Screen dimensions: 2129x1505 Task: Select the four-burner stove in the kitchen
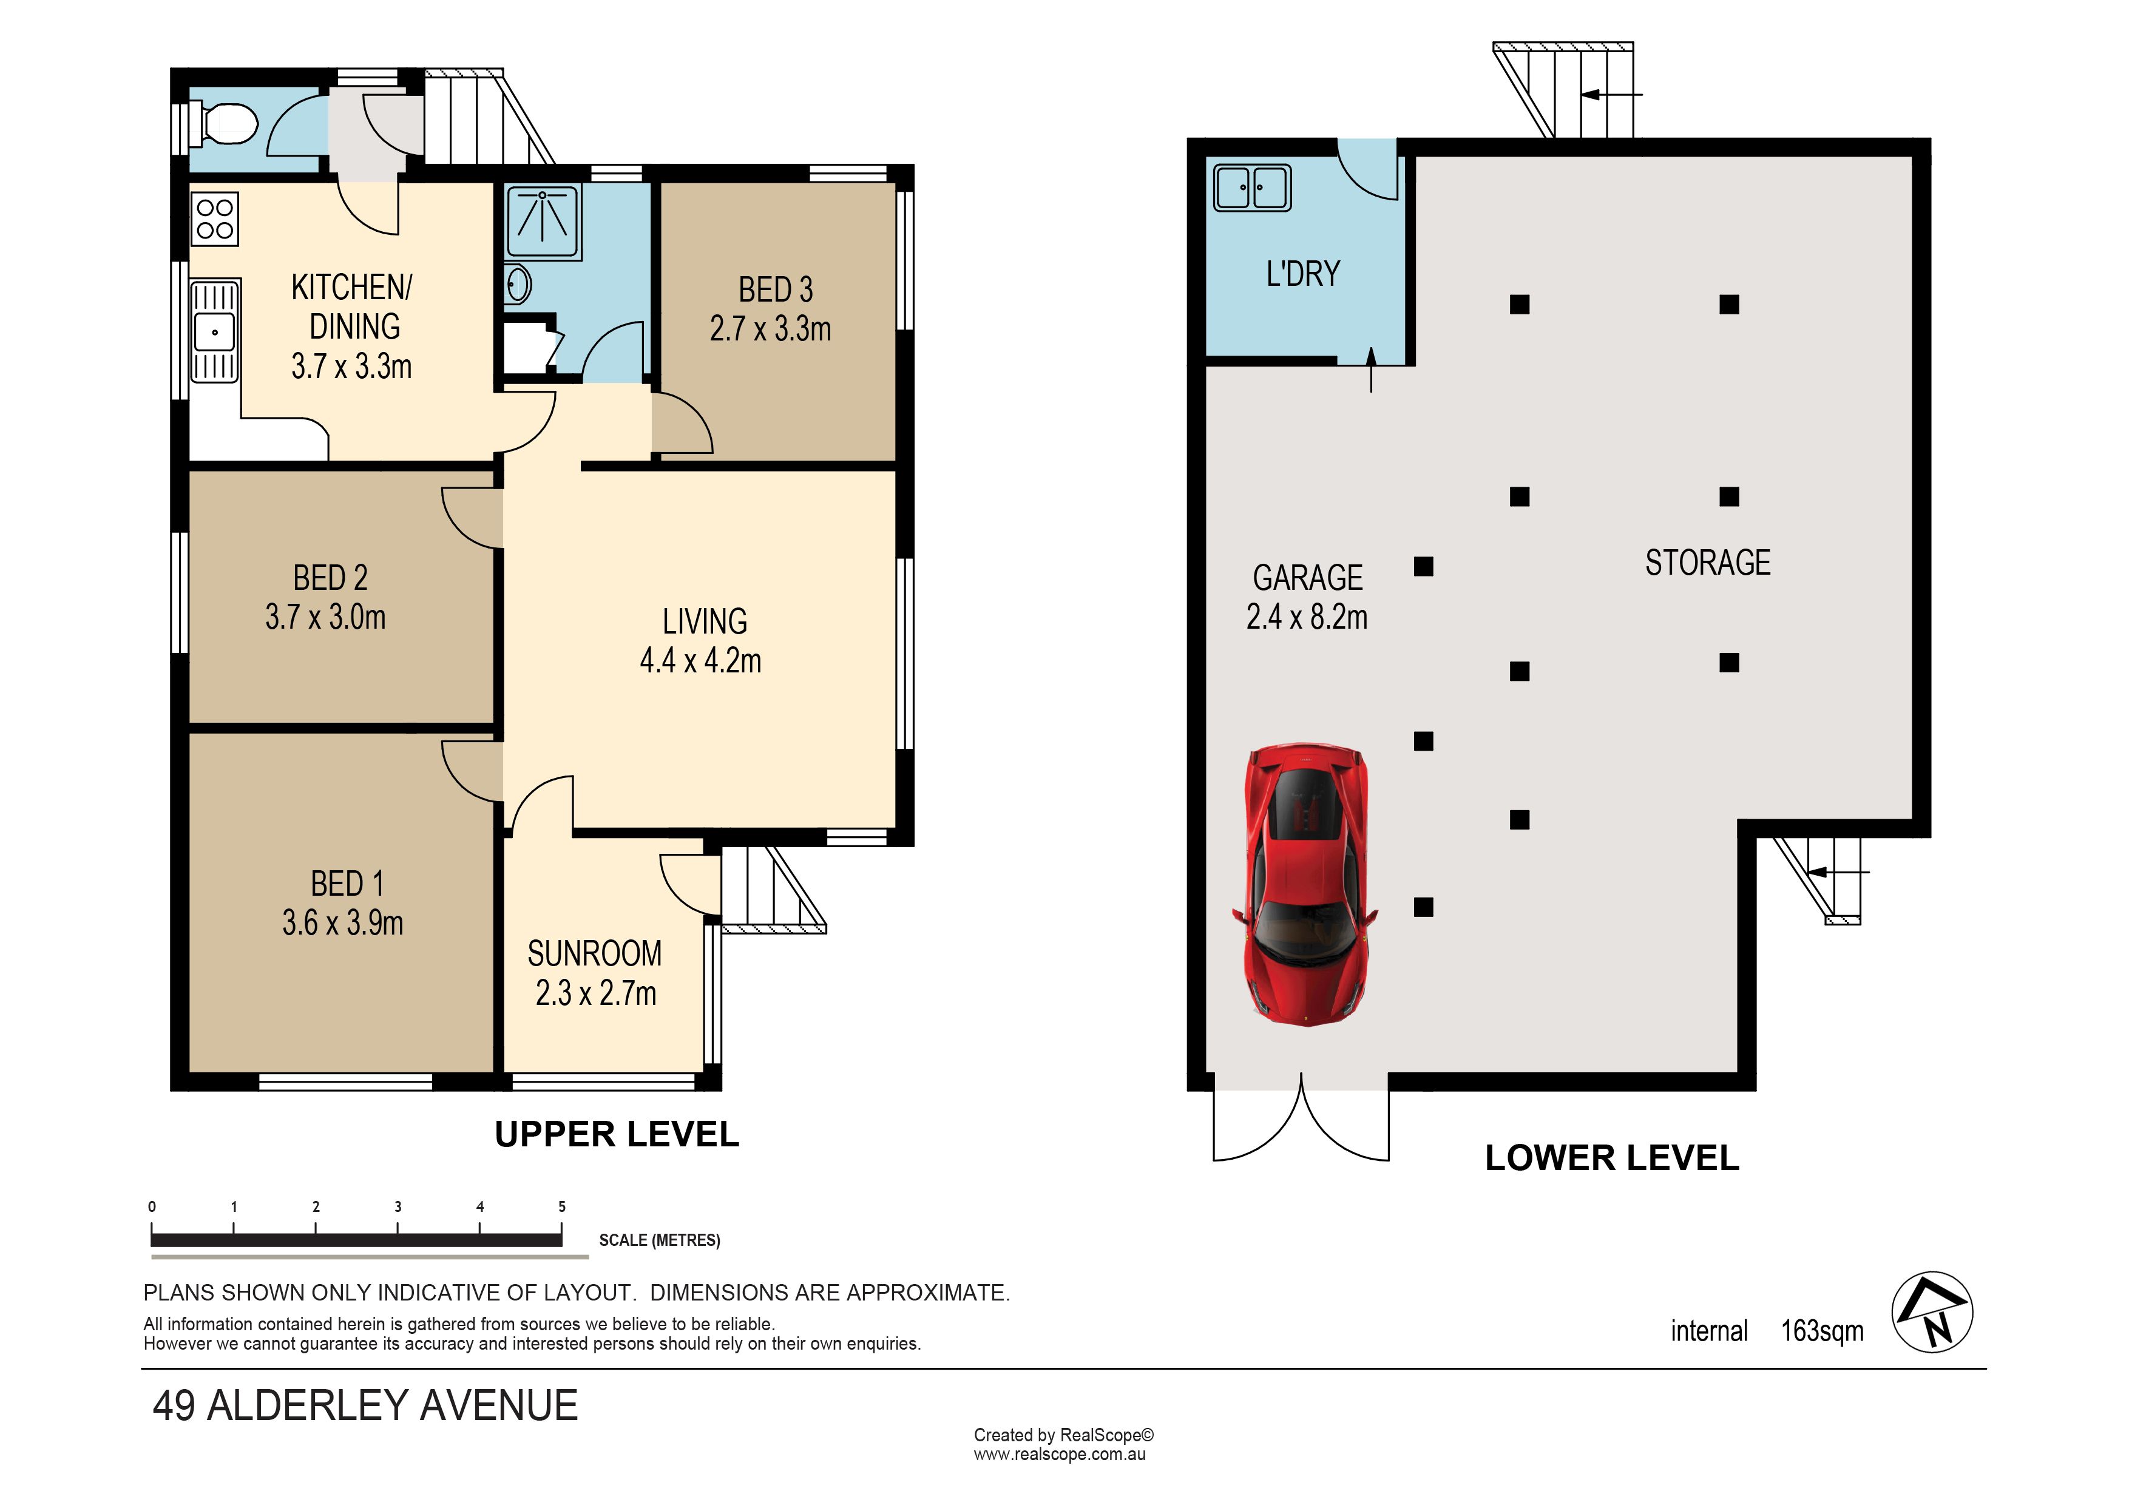tap(215, 219)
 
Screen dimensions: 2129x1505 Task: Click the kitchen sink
tap(214, 331)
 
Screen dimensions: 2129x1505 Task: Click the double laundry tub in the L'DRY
tap(1252, 188)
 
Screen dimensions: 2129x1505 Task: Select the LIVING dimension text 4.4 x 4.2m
tap(701, 660)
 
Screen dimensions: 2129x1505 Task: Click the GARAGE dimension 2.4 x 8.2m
tap(1307, 617)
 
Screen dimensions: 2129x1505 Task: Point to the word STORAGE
tap(1708, 563)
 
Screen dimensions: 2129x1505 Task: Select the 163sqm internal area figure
tap(1822, 1331)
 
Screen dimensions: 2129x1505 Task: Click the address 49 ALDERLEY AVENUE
tap(365, 1406)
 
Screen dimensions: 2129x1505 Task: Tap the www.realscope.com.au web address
tap(1059, 1455)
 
